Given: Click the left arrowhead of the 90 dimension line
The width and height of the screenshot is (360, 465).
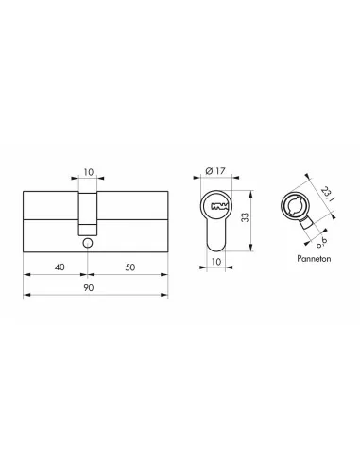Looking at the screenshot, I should click(x=24, y=296).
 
